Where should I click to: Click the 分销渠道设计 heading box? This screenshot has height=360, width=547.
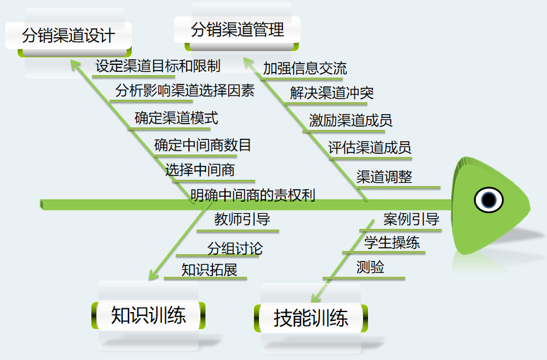pos(68,35)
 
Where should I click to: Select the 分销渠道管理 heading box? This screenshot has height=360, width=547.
pos(238,29)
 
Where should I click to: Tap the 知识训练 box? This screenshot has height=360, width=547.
pos(148,315)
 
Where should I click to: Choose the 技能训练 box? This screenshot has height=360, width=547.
pos(311,318)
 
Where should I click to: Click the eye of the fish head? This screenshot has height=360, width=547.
pos(488,200)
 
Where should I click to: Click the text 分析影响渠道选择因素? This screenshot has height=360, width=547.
pos(185,90)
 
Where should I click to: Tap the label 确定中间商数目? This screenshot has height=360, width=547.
pos(202,145)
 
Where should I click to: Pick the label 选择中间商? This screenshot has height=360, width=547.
pos(200,170)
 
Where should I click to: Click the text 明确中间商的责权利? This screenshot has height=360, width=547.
pos(252,195)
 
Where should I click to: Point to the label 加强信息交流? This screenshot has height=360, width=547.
pos(304,68)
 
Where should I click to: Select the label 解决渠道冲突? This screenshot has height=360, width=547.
pos(331,93)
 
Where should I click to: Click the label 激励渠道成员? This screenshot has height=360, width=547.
pos(350,120)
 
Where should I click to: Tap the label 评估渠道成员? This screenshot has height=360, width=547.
pos(369,148)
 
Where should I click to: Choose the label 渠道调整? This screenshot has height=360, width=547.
pos(384,177)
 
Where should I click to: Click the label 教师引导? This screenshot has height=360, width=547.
pos(242,219)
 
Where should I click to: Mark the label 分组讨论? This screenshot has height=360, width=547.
pos(234,248)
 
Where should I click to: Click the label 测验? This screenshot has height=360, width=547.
pos(370,267)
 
